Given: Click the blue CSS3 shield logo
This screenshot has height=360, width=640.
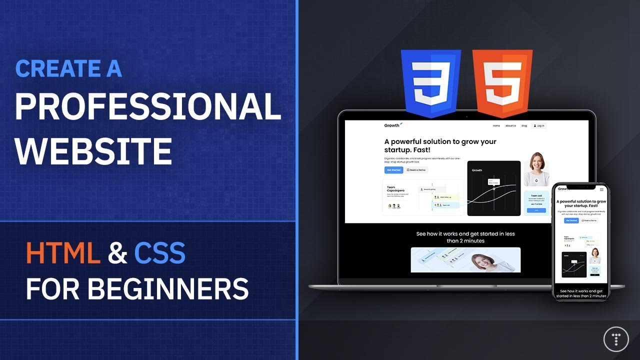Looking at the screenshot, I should tap(430, 82).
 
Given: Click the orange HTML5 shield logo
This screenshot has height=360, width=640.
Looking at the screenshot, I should tap(502, 82).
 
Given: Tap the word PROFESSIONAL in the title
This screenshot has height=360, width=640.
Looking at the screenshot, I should tap(147, 106).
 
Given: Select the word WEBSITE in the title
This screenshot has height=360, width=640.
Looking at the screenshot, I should tap(93, 150).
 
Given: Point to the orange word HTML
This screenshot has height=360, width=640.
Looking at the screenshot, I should tap(63, 253).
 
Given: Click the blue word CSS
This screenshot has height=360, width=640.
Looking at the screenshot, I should tap(159, 253).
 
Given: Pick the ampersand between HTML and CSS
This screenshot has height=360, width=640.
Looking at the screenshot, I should tap(117, 253).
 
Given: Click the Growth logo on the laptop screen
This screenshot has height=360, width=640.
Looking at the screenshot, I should tap(392, 125).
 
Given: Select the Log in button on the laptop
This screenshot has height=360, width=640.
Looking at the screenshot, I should tap(539, 126).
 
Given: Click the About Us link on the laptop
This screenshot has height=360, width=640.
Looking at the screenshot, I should tap(510, 126).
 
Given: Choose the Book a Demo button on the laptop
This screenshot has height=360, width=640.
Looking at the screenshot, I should tap(416, 170).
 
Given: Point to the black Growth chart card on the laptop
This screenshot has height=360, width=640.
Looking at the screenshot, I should tap(493, 188).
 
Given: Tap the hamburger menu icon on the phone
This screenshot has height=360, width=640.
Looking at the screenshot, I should tap(601, 189).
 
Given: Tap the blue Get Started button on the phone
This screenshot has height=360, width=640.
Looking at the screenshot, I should tap(571, 220).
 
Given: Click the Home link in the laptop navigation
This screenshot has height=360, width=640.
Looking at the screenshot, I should tap(496, 126).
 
